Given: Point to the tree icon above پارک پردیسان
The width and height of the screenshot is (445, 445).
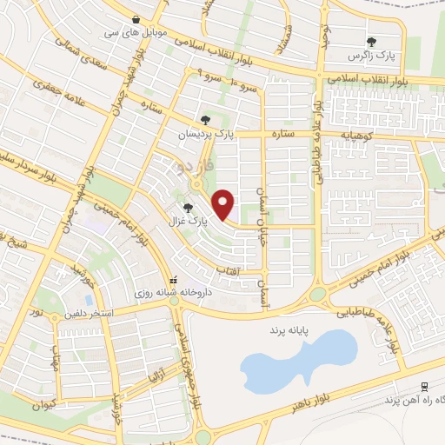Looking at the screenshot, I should pos(205,120).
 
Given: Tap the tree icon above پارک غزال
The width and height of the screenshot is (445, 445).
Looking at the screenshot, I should pos(189,207).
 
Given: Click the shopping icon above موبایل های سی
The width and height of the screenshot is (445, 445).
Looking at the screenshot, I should pos(136,19).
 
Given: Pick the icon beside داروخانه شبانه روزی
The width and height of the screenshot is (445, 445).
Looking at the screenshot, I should pos(172,280).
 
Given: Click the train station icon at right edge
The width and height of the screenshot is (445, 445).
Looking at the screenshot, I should pos(423,387).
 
